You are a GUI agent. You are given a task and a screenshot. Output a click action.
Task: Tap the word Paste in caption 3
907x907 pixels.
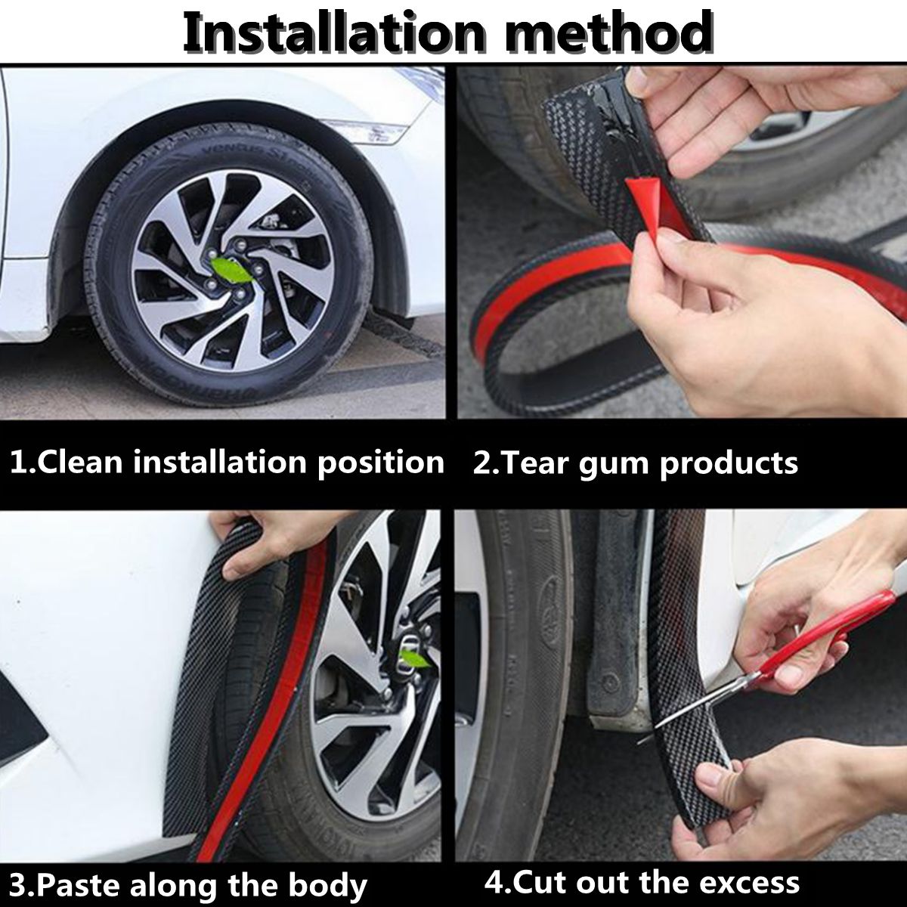[x=75, y=884]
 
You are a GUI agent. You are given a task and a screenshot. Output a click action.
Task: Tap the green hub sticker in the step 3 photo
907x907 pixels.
[x=414, y=659]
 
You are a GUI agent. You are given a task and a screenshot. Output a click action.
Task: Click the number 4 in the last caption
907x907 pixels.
[x=493, y=882]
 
